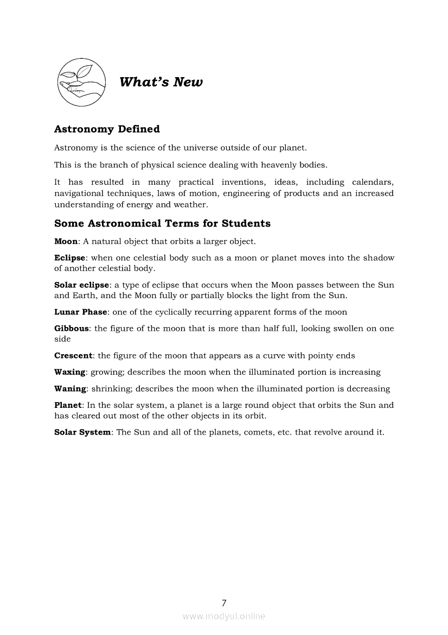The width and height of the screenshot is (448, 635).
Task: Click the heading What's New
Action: [x=161, y=82]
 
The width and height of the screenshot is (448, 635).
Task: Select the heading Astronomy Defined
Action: [x=107, y=129]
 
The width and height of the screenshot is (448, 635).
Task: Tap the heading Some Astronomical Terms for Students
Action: [x=162, y=224]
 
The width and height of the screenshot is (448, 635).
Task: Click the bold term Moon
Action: [x=66, y=241]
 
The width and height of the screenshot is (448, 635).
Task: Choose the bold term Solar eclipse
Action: [x=82, y=285]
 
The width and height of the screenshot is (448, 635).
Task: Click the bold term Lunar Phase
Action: [x=81, y=312]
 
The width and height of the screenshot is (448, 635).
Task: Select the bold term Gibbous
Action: [x=72, y=329]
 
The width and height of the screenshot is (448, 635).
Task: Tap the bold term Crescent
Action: [x=73, y=356]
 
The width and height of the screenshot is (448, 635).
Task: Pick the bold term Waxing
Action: [x=70, y=373]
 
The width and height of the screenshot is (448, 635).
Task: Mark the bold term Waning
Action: [x=70, y=389]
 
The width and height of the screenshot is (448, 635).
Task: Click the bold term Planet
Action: [x=68, y=405]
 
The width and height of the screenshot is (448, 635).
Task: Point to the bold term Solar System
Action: [x=82, y=432]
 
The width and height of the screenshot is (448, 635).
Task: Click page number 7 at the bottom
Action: [x=224, y=602]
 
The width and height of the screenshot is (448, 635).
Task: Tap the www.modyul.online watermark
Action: [x=224, y=617]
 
